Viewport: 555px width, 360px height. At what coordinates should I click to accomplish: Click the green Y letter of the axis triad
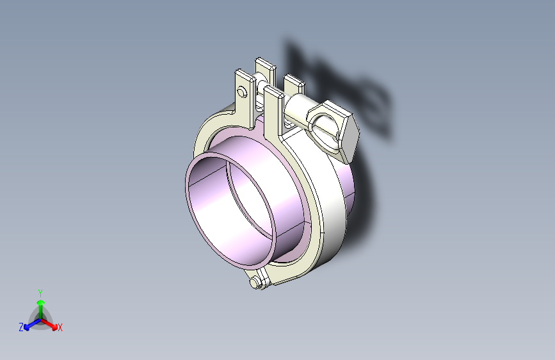click(40, 293)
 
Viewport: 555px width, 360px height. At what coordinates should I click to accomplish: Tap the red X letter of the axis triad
click(60, 328)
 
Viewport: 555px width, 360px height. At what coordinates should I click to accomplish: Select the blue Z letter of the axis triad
click(21, 327)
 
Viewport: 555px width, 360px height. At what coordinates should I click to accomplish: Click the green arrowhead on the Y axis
click(41, 303)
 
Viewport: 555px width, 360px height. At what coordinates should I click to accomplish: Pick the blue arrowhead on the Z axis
click(27, 327)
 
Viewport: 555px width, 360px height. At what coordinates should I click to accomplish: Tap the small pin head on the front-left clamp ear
click(242, 92)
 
